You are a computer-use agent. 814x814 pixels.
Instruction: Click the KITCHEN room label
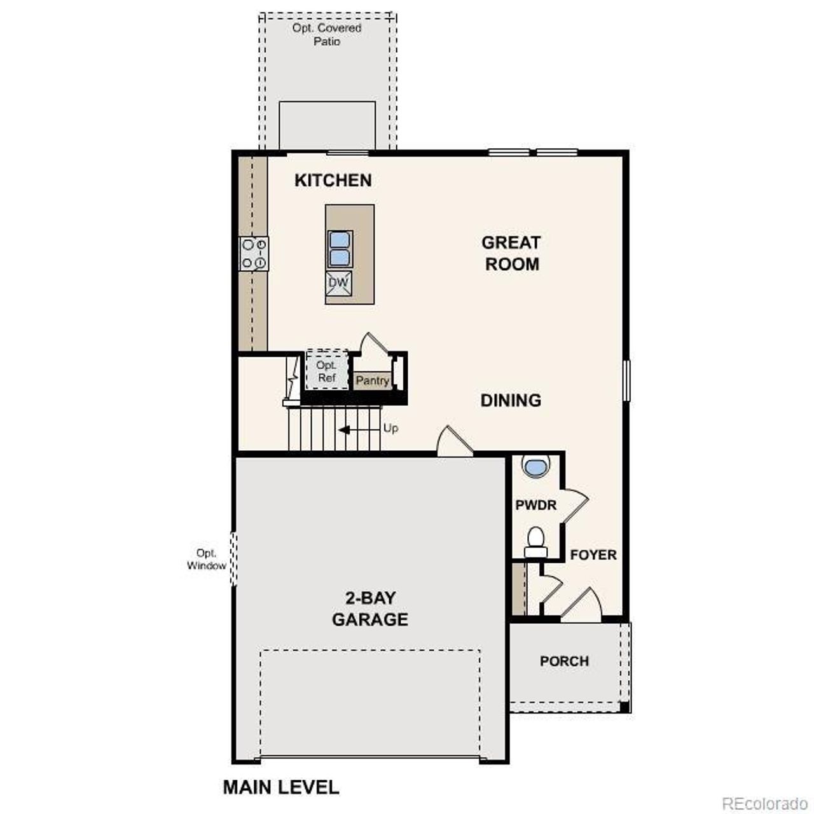point(333,180)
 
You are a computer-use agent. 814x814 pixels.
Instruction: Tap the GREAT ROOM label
point(511,253)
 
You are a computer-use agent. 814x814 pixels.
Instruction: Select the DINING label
point(511,400)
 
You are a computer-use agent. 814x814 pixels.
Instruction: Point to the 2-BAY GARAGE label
point(369,609)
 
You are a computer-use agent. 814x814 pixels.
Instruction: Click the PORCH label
point(564,661)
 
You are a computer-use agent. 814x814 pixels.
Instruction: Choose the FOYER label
point(593,555)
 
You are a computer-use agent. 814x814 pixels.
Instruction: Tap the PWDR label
point(535,505)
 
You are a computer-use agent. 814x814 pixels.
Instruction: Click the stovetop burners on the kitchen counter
point(254,254)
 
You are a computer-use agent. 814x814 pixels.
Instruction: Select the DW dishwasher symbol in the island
point(339,282)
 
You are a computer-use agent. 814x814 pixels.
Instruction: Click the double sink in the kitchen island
point(340,249)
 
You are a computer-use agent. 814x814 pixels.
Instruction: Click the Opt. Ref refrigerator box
point(326,371)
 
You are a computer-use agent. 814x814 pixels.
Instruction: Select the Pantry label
point(372,380)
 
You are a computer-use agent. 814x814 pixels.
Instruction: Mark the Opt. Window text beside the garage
point(207,559)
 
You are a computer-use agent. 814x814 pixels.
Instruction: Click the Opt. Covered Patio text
point(327,34)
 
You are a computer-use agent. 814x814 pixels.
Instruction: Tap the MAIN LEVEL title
point(280,787)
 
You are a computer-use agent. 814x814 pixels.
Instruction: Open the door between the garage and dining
point(454,443)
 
